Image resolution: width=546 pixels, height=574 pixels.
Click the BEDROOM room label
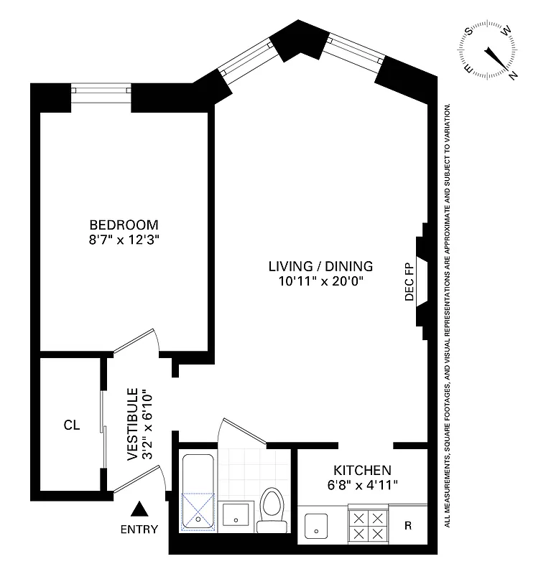tap(124, 224)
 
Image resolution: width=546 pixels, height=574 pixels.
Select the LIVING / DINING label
tap(320, 266)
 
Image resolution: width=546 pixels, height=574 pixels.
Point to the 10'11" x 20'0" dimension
tap(320, 282)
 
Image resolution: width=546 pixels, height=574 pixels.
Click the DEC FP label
tap(410, 283)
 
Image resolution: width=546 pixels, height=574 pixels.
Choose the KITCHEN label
tap(362, 471)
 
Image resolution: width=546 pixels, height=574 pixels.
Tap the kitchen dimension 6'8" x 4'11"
tap(362, 486)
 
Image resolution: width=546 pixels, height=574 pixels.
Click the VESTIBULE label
tap(133, 424)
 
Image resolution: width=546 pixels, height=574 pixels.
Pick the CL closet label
tap(71, 425)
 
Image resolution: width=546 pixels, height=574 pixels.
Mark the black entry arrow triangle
tap(140, 510)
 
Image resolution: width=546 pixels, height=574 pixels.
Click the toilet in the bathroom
tap(272, 509)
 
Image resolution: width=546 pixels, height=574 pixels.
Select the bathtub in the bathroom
tap(198, 492)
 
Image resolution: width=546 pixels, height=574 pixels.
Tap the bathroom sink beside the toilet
tap(236, 515)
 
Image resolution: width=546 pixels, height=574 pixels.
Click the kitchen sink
tap(316, 528)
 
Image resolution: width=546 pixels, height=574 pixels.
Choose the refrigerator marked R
tap(407, 526)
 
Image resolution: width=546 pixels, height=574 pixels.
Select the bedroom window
tap(101, 92)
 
